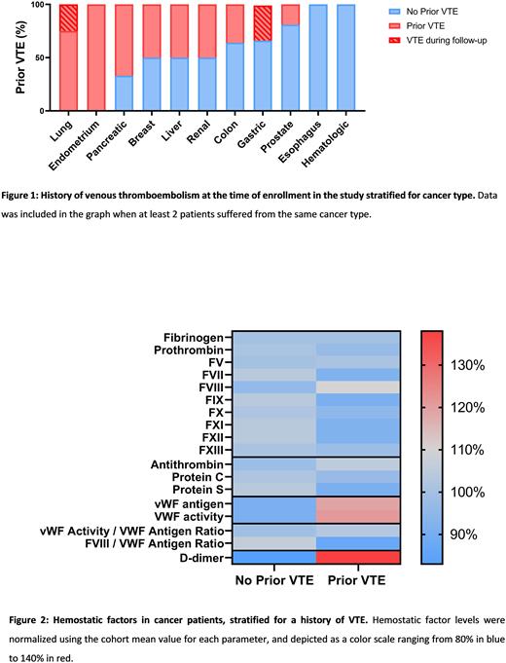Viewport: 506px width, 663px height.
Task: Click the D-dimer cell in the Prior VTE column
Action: (x=358, y=557)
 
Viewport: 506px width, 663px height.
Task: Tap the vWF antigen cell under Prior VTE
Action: (x=358, y=503)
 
